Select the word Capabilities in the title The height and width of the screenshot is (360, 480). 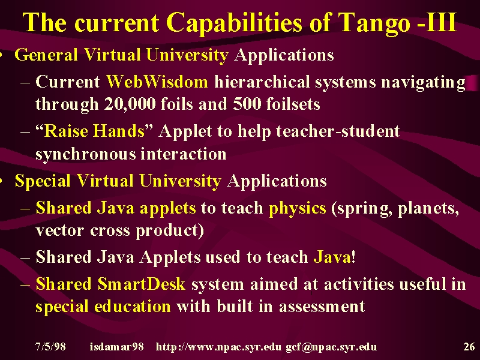coord(234,23)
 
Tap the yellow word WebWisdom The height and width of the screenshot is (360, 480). coord(157,82)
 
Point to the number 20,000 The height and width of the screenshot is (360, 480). coord(130,104)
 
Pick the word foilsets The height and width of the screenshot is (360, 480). coord(293,104)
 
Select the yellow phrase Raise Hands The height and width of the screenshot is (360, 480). coord(94,131)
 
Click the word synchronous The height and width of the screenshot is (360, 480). coord(85,154)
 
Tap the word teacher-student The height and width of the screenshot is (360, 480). coord(338,131)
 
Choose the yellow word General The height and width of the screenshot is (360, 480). coord(46,55)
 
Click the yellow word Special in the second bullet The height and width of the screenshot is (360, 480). coord(43,181)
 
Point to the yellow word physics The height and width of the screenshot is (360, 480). coord(297,209)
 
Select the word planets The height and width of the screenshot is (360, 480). coord(428,209)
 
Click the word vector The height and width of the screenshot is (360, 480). coord(59,230)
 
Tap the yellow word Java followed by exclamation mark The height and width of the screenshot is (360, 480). coord(332,257)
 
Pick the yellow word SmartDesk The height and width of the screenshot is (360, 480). coord(142,284)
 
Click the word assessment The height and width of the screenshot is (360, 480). coord(322,307)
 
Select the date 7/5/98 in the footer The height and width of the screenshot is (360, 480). coord(50,347)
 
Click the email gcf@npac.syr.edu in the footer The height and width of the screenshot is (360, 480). coord(331,347)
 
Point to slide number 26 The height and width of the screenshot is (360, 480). coord(469,347)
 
